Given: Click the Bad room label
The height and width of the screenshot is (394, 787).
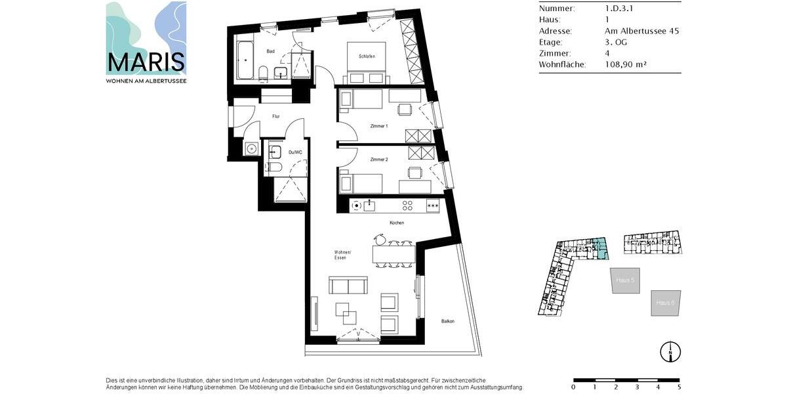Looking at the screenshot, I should [270, 51].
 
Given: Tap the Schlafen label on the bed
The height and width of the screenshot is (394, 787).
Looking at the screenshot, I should [367, 56].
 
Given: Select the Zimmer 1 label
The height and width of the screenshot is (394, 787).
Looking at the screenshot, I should [378, 125].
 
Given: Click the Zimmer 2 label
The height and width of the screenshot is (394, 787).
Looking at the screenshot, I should [378, 160].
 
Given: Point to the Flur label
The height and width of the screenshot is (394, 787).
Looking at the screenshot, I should [276, 117].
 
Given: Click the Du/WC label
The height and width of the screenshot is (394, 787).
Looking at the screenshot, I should [295, 152].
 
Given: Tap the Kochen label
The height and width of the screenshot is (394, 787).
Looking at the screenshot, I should [397, 223].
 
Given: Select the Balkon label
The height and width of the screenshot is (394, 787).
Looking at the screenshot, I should [448, 321].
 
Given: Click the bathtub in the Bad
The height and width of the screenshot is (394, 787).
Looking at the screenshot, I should [245, 60].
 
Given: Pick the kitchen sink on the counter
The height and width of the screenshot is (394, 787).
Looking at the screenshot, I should [369, 206].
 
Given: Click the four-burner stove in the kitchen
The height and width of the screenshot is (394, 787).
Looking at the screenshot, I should [407, 206].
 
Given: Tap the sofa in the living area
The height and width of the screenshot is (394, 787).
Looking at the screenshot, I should [348, 285].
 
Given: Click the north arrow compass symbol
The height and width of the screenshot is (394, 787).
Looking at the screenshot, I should [670, 352].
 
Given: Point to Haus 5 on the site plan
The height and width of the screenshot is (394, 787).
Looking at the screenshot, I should [625, 280].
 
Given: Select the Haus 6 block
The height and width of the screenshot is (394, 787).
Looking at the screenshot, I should [666, 303].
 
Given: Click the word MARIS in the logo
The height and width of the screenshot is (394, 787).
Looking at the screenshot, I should [146, 63].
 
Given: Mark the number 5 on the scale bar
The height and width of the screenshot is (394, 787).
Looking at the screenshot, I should [679, 387].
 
